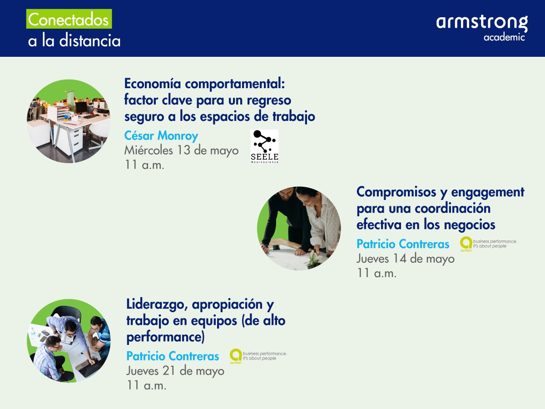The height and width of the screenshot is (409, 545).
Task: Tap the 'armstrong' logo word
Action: pyautogui.click(x=482, y=23)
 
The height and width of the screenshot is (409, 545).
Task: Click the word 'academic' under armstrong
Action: pyautogui.click(x=504, y=37)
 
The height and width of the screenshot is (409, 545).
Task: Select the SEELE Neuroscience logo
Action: pyautogui.click(x=264, y=146)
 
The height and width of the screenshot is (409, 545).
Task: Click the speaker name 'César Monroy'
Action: pyautogui.click(x=161, y=136)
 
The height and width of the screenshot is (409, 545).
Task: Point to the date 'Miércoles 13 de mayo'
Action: pyautogui.click(x=181, y=150)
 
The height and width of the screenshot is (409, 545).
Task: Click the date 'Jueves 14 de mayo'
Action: pyautogui.click(x=405, y=259)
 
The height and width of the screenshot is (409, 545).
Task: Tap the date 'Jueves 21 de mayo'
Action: pyautogui.click(x=175, y=371)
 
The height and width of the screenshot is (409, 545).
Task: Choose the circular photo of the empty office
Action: pyautogui.click(x=69, y=121)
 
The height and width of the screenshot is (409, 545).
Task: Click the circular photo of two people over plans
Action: pyautogui.click(x=299, y=228)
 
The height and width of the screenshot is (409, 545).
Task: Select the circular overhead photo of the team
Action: pyautogui.click(x=69, y=341)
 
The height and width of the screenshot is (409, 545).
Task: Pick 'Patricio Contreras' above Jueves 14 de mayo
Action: pyautogui.click(x=402, y=244)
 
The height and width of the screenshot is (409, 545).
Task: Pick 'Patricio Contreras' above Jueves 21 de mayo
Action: pyautogui.click(x=172, y=356)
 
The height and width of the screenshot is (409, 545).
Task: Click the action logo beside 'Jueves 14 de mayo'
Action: pyautogui.click(x=466, y=244)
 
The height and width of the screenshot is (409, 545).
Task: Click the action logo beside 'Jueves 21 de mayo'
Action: pyautogui.click(x=236, y=355)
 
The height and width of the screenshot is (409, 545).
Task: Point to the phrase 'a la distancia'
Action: pyautogui.click(x=74, y=41)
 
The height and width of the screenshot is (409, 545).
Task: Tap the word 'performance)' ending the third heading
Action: pyautogui.click(x=165, y=338)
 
